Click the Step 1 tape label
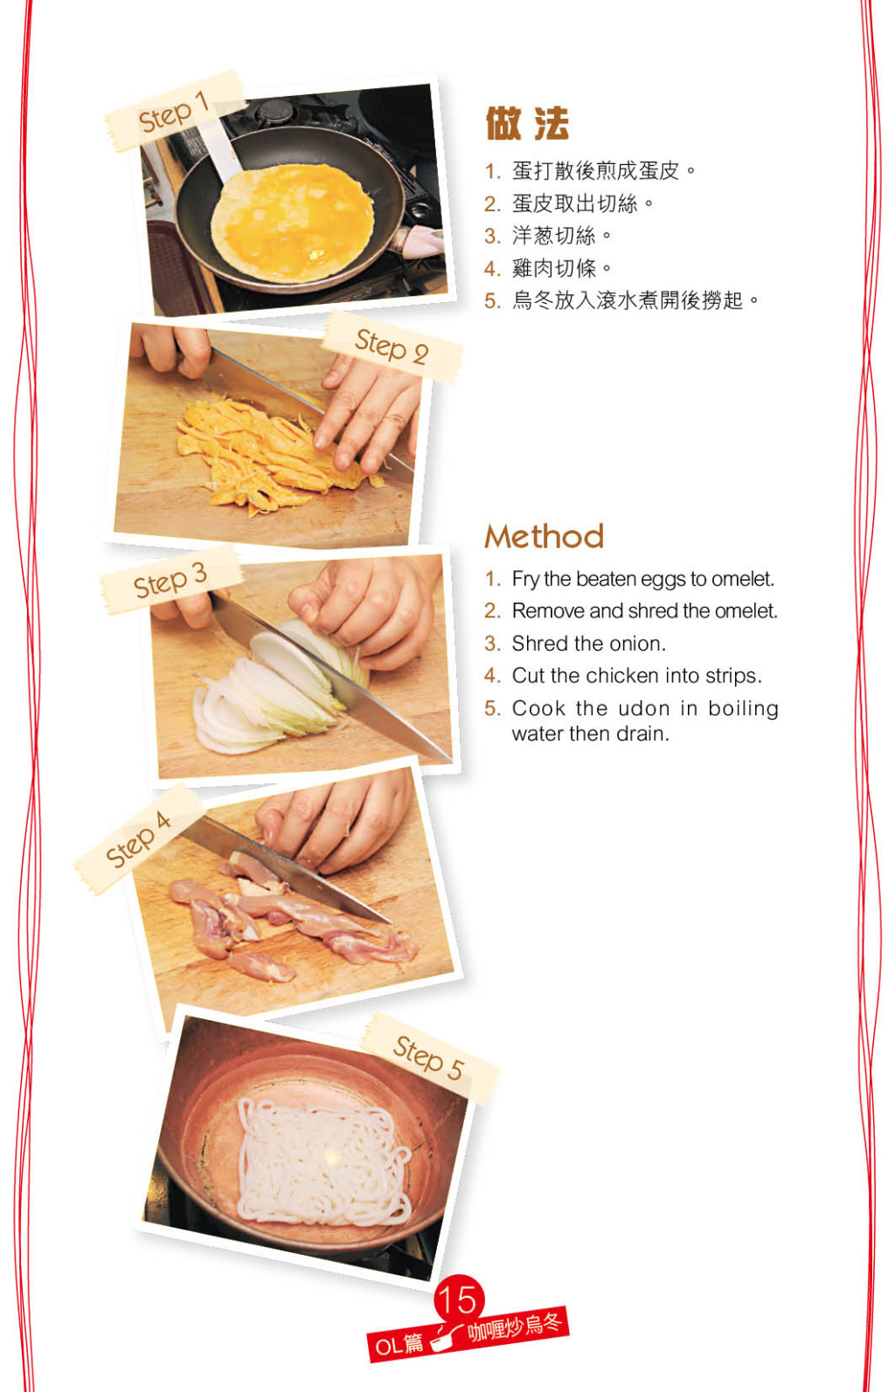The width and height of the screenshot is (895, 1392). [x=174, y=111]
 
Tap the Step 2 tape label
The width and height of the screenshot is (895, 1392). [x=392, y=347]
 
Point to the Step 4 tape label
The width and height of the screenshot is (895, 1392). [x=138, y=838]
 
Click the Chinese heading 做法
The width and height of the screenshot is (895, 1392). [x=527, y=123]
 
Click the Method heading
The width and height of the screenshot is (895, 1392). [x=545, y=536]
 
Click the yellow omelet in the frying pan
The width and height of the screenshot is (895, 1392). [x=293, y=221]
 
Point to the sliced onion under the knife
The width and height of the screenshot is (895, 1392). [x=274, y=690]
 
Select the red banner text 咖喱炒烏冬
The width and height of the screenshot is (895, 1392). [x=514, y=1327]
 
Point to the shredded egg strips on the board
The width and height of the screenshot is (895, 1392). [x=274, y=453]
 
